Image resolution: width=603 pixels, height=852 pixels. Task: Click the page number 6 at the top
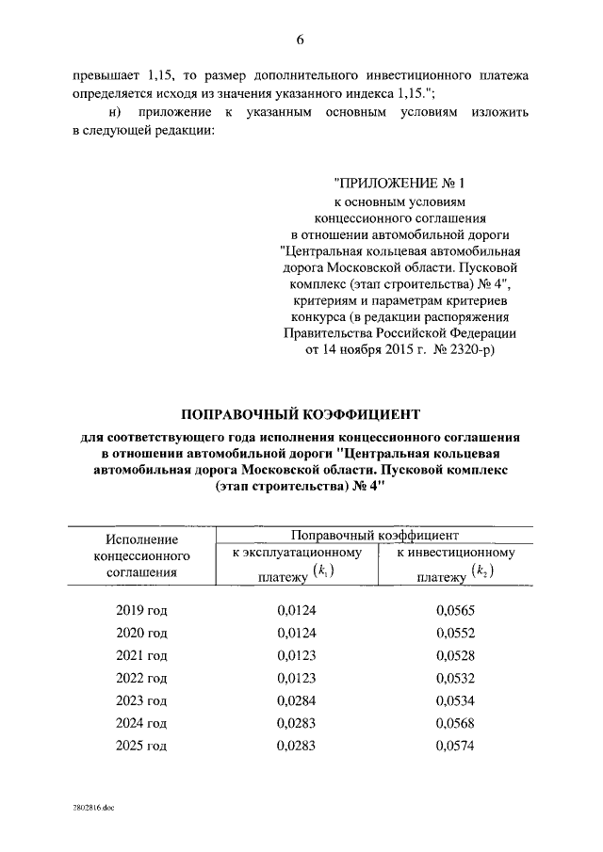pyautogui.click(x=301, y=39)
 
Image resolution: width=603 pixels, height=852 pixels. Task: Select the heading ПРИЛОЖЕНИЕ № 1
pyautogui.click(x=400, y=184)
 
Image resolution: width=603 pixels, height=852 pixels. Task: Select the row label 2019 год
pyautogui.click(x=141, y=610)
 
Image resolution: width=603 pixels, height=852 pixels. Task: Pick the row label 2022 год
pyautogui.click(x=141, y=678)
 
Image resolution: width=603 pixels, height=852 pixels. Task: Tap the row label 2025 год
pyautogui.click(x=141, y=746)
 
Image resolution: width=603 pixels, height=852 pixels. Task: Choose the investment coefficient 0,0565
pyautogui.click(x=455, y=610)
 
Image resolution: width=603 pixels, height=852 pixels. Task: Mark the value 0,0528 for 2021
pyautogui.click(x=455, y=655)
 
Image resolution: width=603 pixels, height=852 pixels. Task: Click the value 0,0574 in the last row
pyautogui.click(x=455, y=746)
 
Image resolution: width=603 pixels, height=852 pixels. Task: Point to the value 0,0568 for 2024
pyautogui.click(x=455, y=723)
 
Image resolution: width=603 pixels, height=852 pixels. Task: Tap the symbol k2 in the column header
pyautogui.click(x=481, y=571)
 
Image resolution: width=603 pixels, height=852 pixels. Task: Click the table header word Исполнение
pyautogui.click(x=141, y=538)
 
